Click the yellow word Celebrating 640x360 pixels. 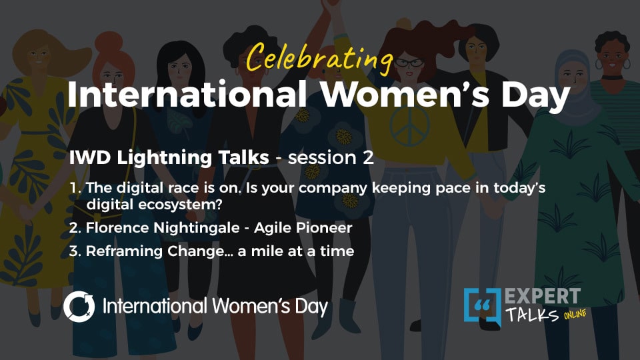coord(319,58)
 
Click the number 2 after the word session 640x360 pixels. coord(368,157)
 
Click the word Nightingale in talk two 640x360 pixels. coord(196,228)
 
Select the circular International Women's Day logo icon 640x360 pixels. coord(79,307)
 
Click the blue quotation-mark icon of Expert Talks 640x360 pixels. coord(482,306)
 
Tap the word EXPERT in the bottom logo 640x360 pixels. coord(543,296)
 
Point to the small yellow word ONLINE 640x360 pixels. coord(575,315)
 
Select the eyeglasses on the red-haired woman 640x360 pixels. coord(408,63)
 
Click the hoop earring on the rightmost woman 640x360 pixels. coord(627,64)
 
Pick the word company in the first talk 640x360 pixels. coord(333,189)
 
